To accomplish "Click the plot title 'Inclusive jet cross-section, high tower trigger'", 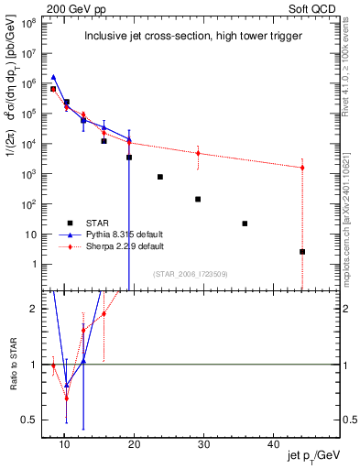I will coord(182,37).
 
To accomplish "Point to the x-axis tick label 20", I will coord(134,444).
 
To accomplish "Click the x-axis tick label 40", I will coord(272,444).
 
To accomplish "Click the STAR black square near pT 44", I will coord(302,251).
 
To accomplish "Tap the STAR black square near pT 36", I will coord(245,224).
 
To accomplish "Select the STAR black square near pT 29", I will coord(198,199).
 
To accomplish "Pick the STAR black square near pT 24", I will coord(160,177).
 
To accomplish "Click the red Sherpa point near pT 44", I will coord(302,168).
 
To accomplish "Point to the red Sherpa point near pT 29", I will coord(198,153).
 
